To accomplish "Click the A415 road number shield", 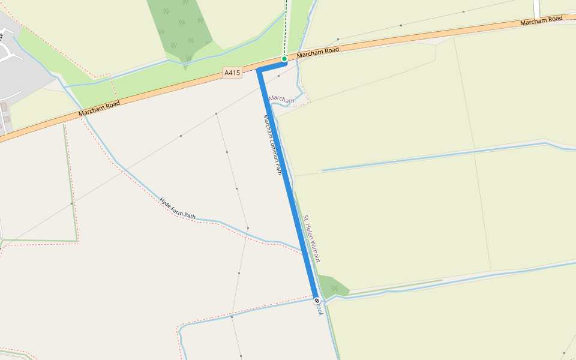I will (232, 73).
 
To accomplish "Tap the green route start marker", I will (284, 59).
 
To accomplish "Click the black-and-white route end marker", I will (317, 301).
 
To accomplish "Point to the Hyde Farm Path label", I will (178, 207).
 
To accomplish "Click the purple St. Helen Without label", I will (312, 238).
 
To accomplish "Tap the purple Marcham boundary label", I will (281, 99).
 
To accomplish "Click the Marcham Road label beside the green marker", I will (317, 52).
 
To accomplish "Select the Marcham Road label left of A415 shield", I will (99, 109).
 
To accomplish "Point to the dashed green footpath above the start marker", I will (286, 24).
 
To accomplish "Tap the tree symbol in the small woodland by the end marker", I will (335, 288).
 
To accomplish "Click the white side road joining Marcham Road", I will (536, 8).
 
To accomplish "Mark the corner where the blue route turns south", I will (260, 71).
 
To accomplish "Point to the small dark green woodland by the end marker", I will (331, 284).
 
